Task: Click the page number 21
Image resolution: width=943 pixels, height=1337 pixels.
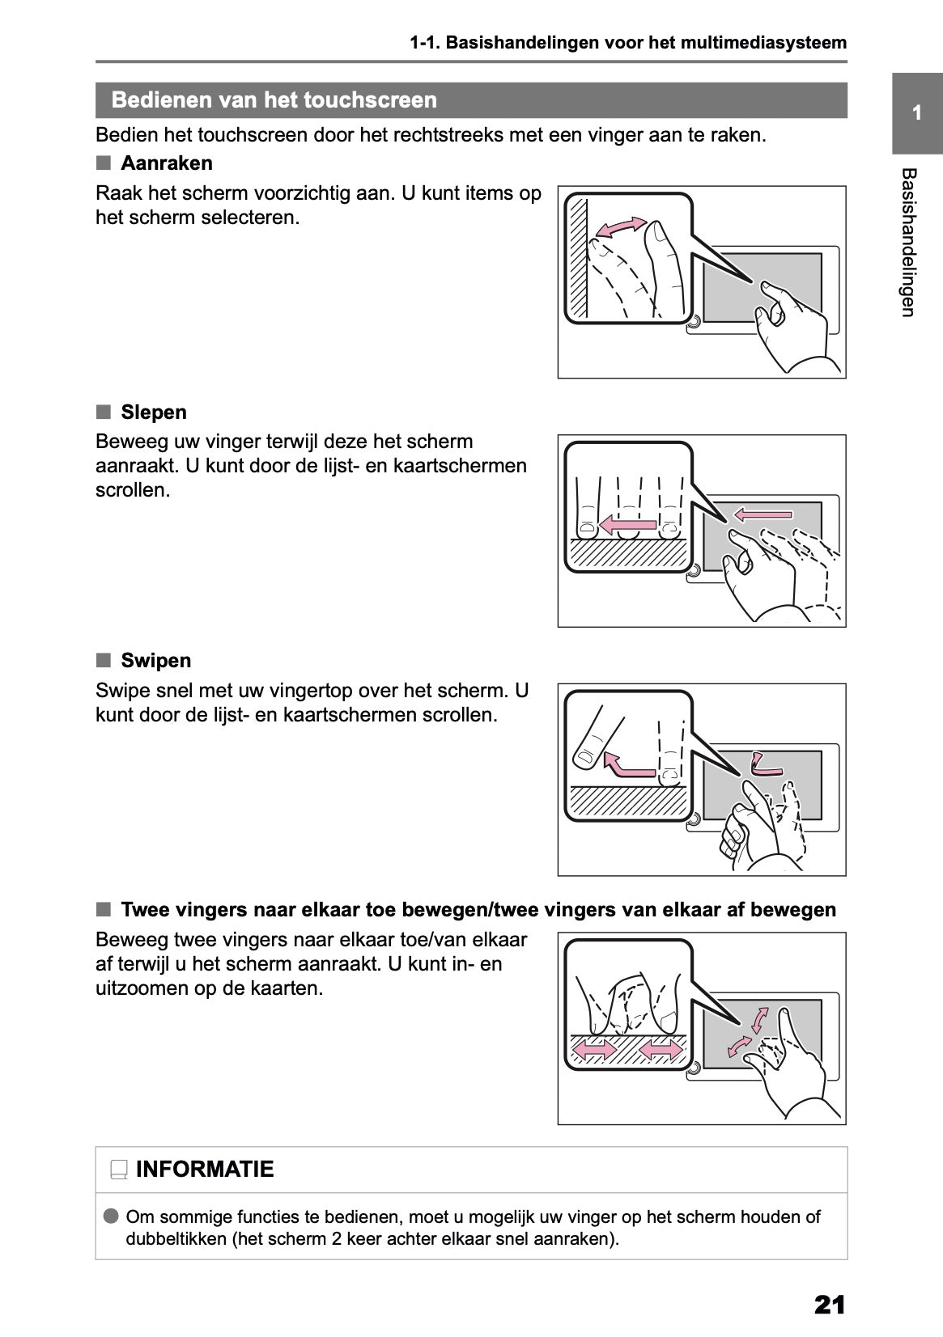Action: (830, 1305)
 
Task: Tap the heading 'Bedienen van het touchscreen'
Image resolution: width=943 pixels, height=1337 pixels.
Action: (274, 100)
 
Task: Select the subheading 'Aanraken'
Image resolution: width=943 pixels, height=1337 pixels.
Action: (167, 163)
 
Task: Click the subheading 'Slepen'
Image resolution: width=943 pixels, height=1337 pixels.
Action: (154, 413)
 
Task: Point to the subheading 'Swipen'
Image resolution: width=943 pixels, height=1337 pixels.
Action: (156, 661)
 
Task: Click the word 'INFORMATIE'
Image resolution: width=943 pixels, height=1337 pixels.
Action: (205, 1170)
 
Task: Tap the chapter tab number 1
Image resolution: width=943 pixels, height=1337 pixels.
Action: (916, 113)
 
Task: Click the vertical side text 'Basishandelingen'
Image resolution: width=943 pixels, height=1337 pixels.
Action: (908, 243)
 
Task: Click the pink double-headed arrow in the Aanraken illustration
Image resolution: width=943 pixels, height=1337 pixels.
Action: (621, 228)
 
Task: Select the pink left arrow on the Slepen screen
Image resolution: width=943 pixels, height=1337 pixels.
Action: (763, 514)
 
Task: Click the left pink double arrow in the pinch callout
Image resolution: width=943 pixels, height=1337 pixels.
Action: (594, 1050)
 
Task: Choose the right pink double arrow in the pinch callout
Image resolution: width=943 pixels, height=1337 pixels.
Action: (661, 1050)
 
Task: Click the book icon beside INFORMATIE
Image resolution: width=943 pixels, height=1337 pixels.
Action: (119, 1170)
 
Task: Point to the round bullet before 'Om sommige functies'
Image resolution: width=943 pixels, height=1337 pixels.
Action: (111, 1216)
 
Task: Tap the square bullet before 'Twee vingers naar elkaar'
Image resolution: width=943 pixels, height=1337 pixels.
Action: (103, 910)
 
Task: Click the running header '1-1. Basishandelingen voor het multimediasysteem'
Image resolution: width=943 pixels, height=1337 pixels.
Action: (628, 43)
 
